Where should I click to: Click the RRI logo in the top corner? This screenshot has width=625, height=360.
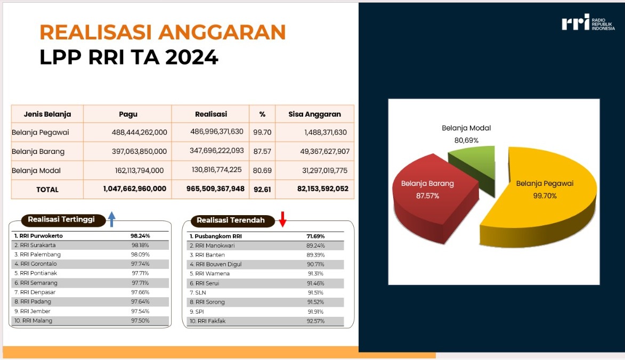point(588,23)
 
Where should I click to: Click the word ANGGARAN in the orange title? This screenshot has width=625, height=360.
point(222,32)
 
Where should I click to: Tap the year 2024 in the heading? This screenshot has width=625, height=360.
point(192,58)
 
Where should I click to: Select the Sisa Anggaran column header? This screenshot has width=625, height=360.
point(314,114)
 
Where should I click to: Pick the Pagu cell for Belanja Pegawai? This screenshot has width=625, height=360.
point(140,132)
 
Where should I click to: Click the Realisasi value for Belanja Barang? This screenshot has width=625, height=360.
point(216,151)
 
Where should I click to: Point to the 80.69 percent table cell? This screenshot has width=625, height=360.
point(262,170)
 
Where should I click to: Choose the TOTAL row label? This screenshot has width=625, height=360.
point(47,190)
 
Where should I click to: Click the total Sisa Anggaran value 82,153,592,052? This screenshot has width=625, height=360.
point(323,189)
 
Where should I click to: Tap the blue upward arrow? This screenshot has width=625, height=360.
point(112,219)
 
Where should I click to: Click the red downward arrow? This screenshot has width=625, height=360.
point(282,219)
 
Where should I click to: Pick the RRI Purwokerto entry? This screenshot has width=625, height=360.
point(39,236)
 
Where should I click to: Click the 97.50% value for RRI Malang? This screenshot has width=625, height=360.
point(140,321)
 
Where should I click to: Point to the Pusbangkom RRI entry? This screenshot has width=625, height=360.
point(216,236)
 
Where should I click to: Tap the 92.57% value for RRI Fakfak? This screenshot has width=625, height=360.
point(315,321)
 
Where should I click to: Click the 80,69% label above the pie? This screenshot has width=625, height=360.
point(466,140)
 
